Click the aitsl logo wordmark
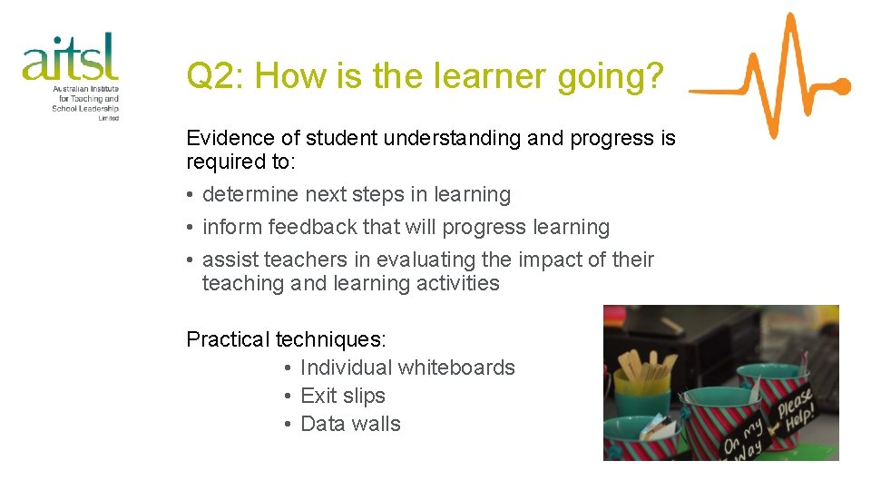coord(70,58)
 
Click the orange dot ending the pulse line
coord(841,88)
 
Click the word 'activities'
coord(456,283)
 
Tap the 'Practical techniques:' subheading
coord(286,339)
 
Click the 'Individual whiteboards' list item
coord(406,367)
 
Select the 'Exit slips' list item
coord(342,396)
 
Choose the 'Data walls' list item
coord(349,424)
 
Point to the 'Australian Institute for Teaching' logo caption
coord(85,99)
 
